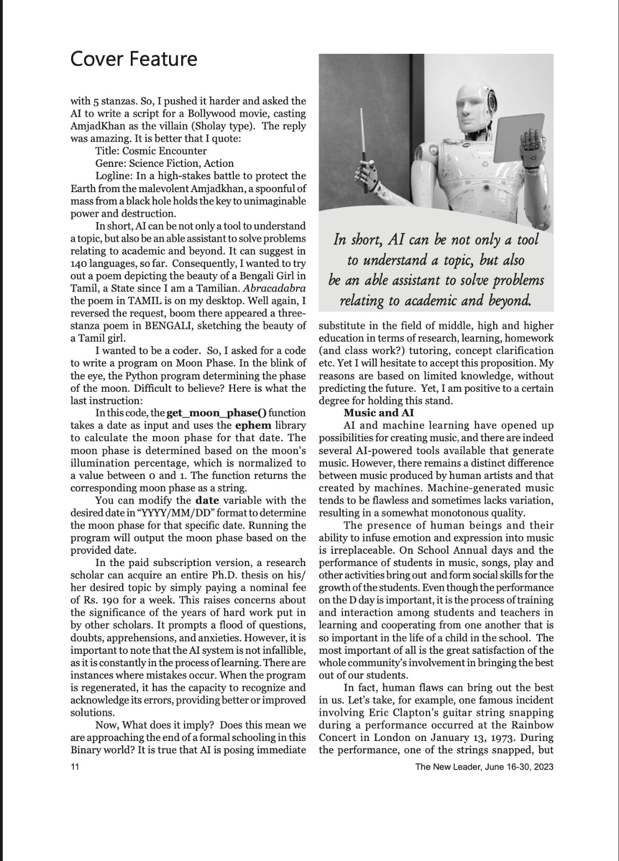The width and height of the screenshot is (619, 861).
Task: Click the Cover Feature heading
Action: click(133, 59)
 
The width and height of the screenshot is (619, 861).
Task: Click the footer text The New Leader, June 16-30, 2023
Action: click(484, 767)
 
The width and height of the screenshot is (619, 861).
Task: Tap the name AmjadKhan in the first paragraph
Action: click(98, 126)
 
